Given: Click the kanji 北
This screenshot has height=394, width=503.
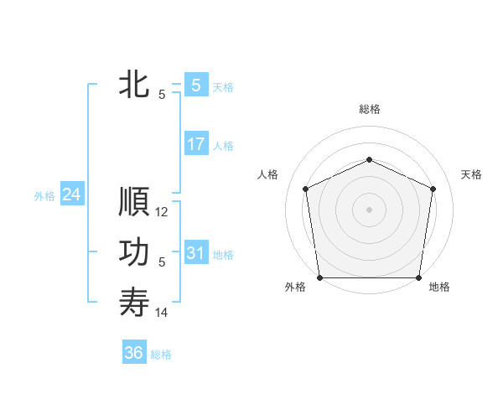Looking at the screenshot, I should (x=134, y=85).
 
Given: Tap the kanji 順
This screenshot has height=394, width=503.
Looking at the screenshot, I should (x=134, y=202).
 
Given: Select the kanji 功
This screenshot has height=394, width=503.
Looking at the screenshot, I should (x=134, y=252).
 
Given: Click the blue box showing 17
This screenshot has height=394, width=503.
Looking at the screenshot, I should (x=195, y=144).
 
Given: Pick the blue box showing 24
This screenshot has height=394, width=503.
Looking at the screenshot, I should (x=71, y=194).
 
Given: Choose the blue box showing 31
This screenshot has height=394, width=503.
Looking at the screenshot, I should (x=195, y=253).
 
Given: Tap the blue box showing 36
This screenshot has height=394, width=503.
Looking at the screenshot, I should (x=134, y=353).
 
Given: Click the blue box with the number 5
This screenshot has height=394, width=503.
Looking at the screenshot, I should (x=195, y=85).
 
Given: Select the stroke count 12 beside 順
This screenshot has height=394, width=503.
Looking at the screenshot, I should (x=163, y=213).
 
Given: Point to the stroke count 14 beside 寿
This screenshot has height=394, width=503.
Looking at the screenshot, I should (x=163, y=313).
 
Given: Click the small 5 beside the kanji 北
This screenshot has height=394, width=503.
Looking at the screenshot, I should (x=162, y=95).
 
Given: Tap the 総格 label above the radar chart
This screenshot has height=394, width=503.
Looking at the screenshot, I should (x=369, y=109).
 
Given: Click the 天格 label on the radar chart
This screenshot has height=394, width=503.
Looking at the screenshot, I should (x=472, y=174).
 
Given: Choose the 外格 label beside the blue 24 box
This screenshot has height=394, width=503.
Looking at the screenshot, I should (x=44, y=196).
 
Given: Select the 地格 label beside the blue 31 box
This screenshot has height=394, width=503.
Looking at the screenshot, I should (x=223, y=255).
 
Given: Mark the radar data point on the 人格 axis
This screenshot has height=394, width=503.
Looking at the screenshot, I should (x=305, y=189).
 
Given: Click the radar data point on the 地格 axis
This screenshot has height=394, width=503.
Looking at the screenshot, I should (x=418, y=277).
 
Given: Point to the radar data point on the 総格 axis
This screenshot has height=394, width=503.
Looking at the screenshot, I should (x=369, y=159).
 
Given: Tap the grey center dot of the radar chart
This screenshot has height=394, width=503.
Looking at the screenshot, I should (x=369, y=210).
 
